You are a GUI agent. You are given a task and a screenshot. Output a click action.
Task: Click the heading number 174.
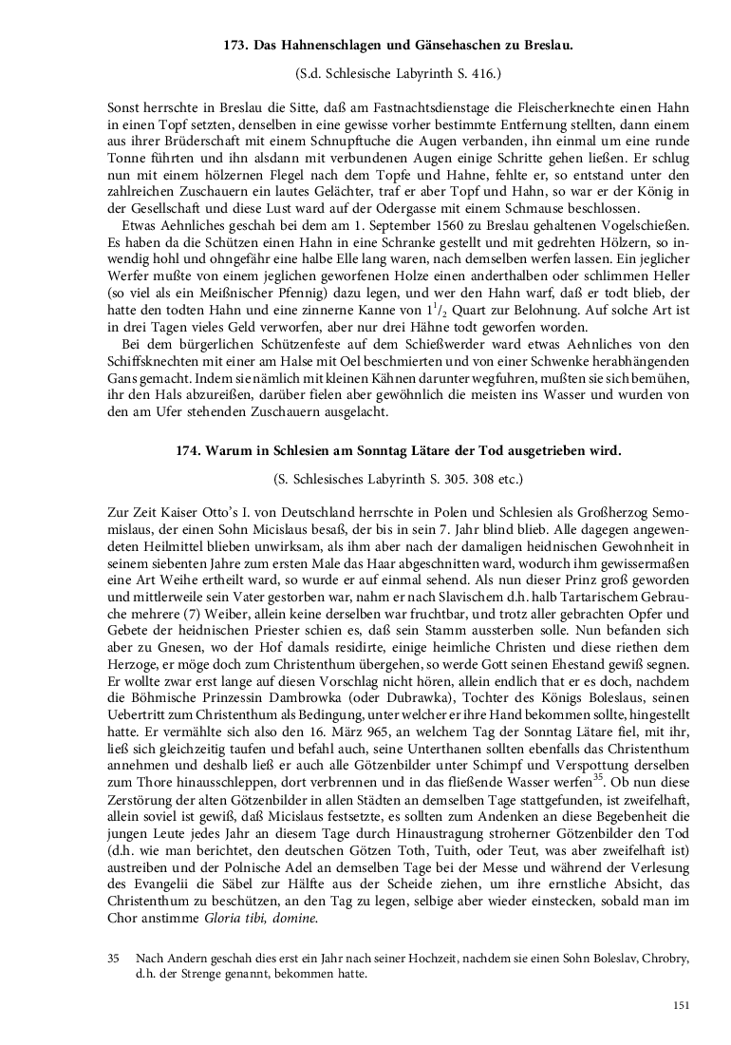point(193,452)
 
